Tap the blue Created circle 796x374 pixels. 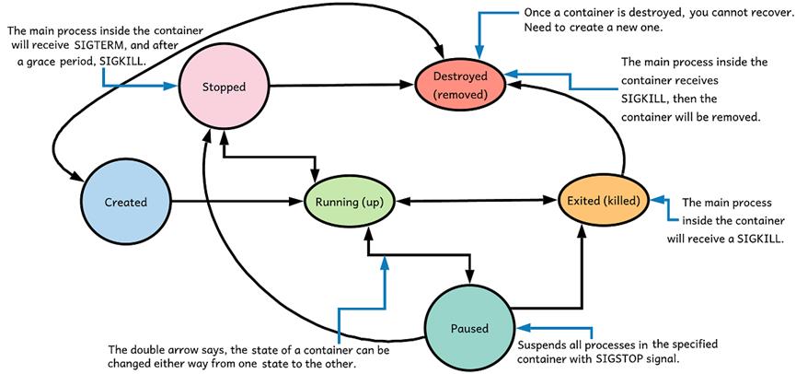[126, 200]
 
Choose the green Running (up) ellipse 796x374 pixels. [349, 201]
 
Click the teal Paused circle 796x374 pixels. [470, 325]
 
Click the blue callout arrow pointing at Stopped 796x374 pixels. [138, 85]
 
